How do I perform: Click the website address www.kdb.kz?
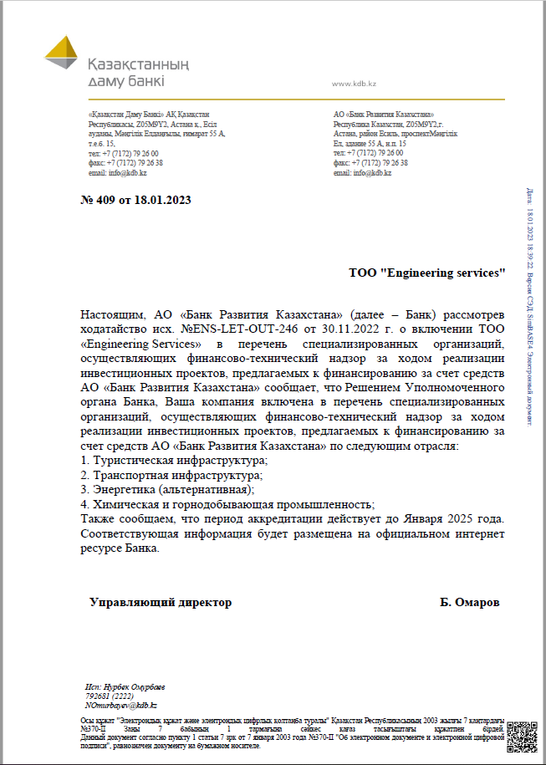[x=354, y=84]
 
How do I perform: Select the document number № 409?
[x=96, y=201]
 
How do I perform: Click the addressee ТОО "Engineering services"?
[x=427, y=273]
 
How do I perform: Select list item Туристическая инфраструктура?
[x=179, y=461]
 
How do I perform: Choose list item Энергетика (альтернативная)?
[x=172, y=489]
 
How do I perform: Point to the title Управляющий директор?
[x=161, y=602]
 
